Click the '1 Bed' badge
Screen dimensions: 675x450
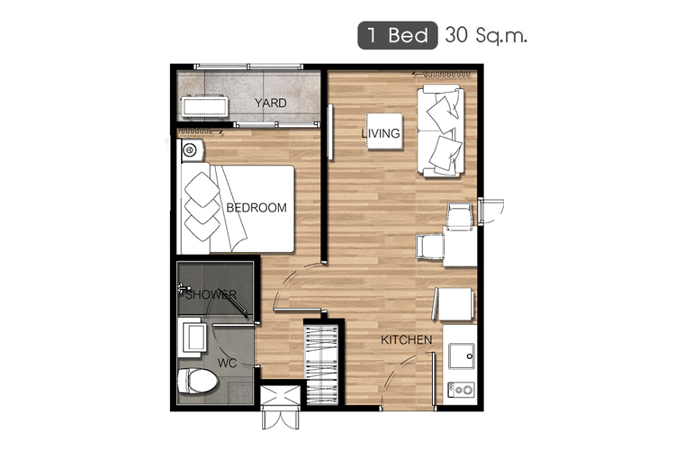tap(397, 35)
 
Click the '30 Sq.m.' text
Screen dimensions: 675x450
tap(486, 35)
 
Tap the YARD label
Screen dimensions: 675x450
tap(270, 103)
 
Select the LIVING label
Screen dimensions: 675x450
tap(381, 133)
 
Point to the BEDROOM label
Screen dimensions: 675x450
tap(256, 208)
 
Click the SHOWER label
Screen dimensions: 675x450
tap(211, 294)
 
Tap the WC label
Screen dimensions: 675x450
tap(227, 363)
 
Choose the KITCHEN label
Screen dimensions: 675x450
tap(407, 340)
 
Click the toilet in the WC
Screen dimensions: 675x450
tap(197, 381)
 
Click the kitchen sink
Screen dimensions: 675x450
tap(462, 356)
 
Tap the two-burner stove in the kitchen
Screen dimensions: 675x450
tap(461, 390)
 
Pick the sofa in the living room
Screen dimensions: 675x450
tap(441, 130)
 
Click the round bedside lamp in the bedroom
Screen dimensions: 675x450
tap(190, 150)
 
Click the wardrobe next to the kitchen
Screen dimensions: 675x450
tap(321, 365)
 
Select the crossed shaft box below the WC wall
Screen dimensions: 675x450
tap(280, 396)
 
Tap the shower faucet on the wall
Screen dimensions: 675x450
tap(183, 288)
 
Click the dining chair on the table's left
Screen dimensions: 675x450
tap(429, 247)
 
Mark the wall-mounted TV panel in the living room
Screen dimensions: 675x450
tap(330, 132)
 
